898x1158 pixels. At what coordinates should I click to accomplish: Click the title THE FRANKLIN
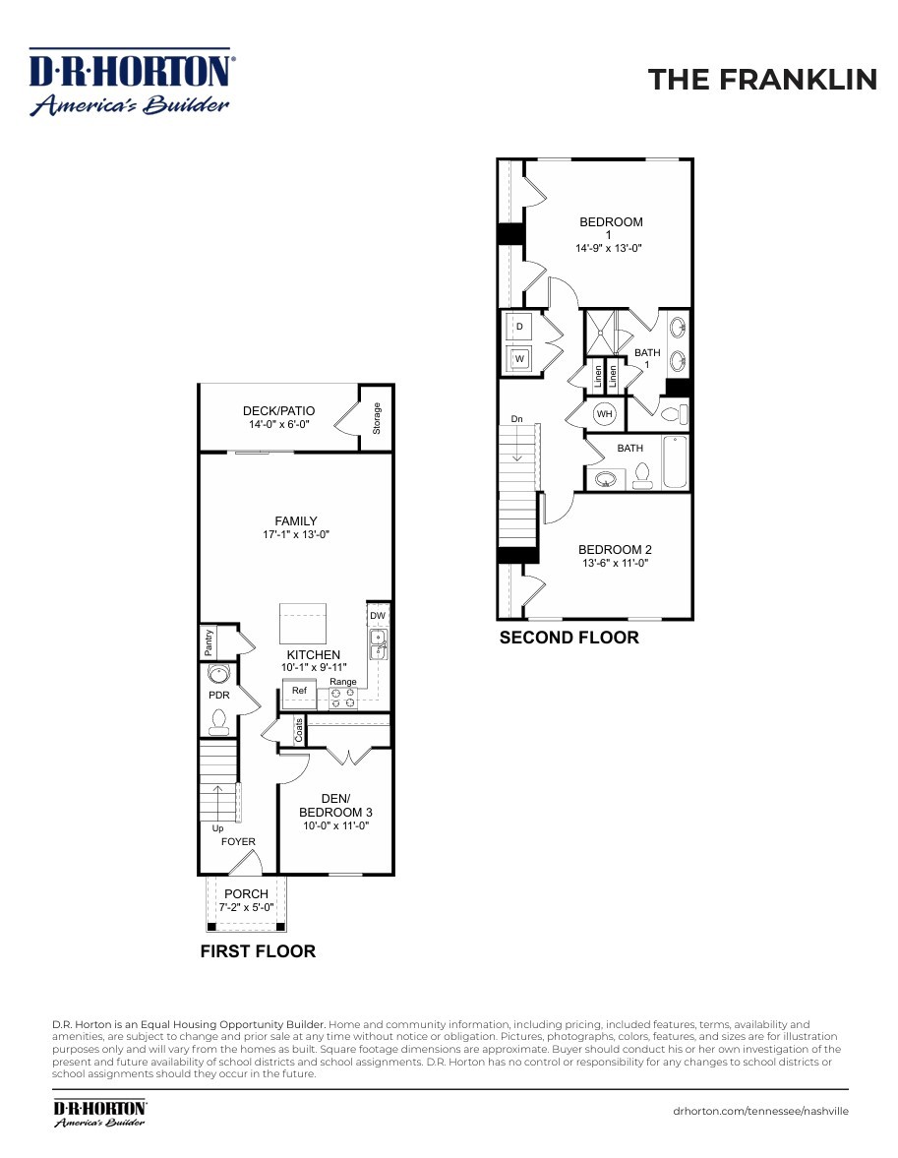pos(762,80)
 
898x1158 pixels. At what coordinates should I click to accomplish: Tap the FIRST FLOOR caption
pos(258,951)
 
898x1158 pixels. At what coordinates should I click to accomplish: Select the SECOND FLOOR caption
pos(569,638)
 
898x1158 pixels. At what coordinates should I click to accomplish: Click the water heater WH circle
pos(605,413)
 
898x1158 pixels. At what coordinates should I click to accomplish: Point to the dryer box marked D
pos(519,327)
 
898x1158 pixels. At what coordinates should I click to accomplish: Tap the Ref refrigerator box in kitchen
pos(299,694)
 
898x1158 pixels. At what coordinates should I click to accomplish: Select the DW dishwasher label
pos(378,616)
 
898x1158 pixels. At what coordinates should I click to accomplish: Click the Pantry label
pos(209,641)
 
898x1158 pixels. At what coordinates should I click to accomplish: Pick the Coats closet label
pos(299,730)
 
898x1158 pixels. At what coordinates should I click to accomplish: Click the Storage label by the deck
pos(377,418)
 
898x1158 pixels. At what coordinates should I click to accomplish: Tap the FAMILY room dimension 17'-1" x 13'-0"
pos(295,534)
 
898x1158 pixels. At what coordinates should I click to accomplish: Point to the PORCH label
pos(246,893)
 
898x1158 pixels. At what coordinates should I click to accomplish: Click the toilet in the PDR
pos(218,721)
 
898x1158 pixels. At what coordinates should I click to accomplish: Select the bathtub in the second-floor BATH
pos(675,462)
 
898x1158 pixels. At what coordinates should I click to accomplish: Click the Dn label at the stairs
pos(517,419)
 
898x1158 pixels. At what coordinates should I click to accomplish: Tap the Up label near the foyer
pos(217,828)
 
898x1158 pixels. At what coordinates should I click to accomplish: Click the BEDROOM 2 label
pos(615,549)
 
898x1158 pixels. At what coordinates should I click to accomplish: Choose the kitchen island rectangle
pos(303,624)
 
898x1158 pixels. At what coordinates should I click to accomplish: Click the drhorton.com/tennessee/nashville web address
pos(760,1111)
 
